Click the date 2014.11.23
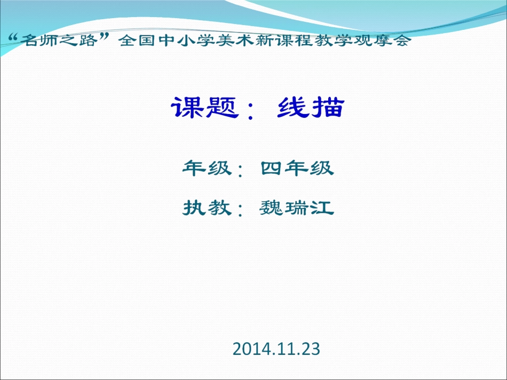coord(276,349)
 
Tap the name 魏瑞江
coord(297,207)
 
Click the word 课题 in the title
coord(203,108)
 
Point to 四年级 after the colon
coord(297,168)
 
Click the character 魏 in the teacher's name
coord(271,207)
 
